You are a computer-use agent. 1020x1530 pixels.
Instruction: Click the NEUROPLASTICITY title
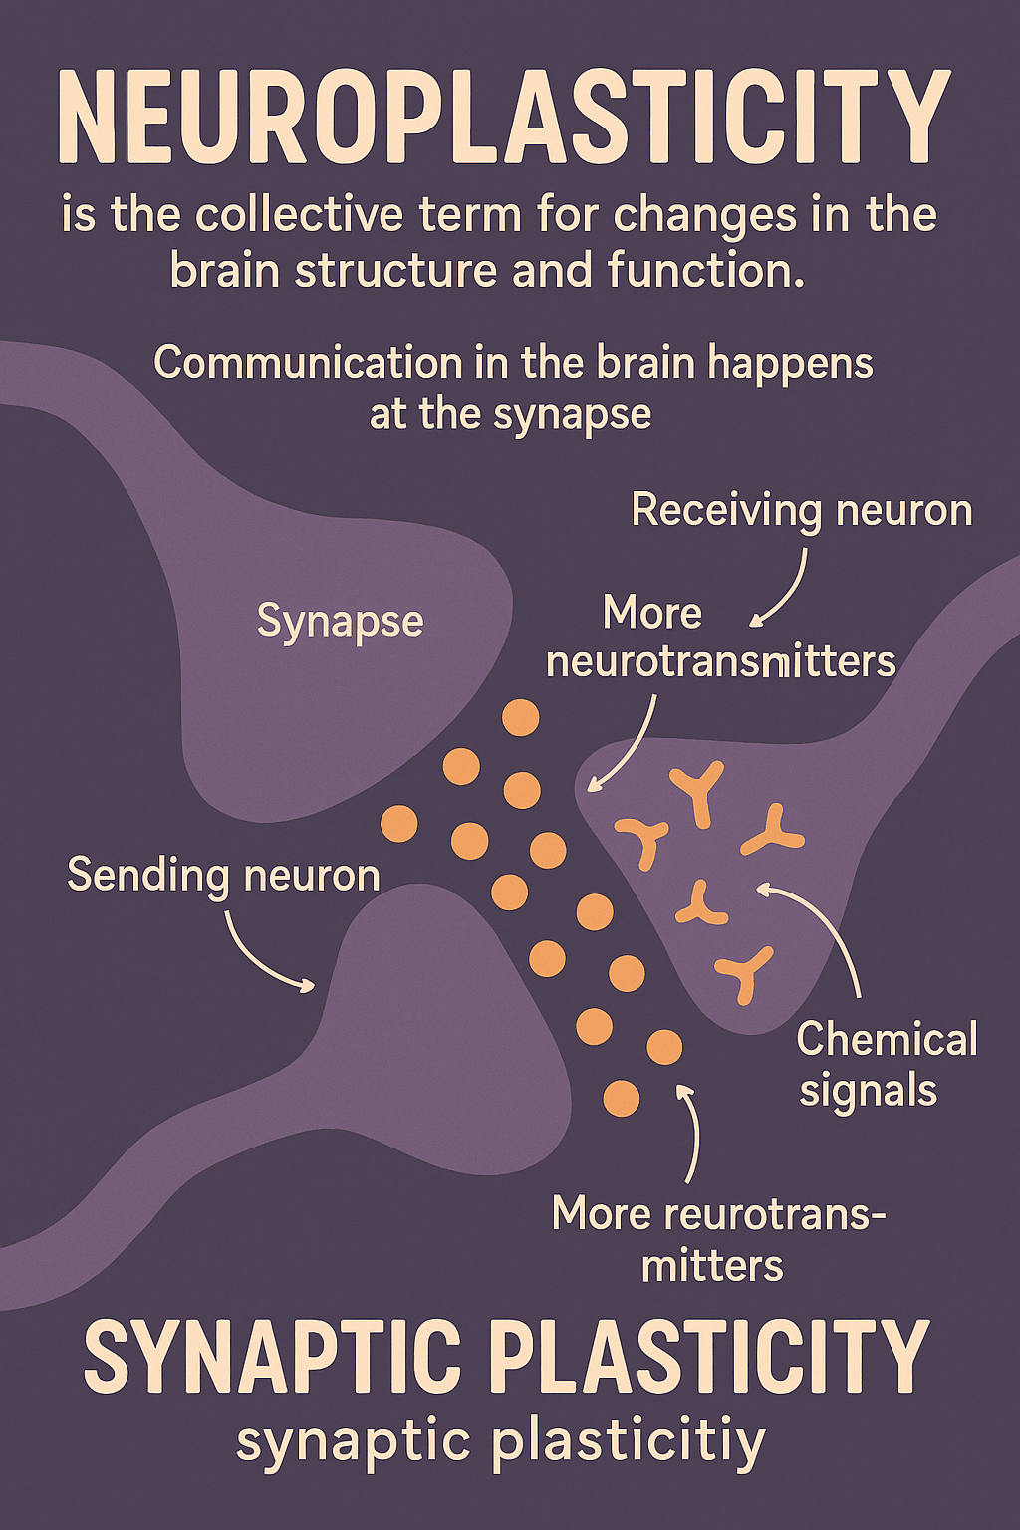pyautogui.click(x=504, y=117)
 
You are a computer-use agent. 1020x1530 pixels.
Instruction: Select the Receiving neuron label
pyautogui.click(x=802, y=511)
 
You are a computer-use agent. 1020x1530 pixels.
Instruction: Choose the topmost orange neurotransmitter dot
pyautogui.click(x=520, y=717)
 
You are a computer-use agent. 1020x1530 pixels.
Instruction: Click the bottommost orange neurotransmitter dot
pyautogui.click(x=622, y=1098)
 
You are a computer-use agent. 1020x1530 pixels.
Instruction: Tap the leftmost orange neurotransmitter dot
pyautogui.click(x=399, y=824)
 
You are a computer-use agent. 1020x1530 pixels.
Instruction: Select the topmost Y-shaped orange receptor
pyautogui.click(x=697, y=792)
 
